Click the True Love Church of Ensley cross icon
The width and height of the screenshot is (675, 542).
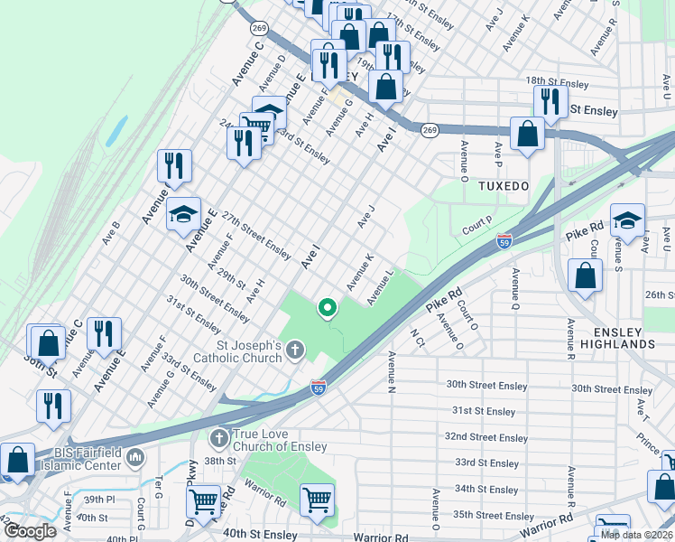click(217, 439)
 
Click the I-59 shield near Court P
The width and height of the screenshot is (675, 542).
click(504, 242)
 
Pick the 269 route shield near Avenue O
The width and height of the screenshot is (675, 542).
click(430, 129)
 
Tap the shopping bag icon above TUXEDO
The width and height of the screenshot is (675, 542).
click(528, 135)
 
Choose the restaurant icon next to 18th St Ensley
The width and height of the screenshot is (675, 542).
click(550, 101)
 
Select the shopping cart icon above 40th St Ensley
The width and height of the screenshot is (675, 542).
click(317, 499)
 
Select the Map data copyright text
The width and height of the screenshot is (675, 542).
click(636, 535)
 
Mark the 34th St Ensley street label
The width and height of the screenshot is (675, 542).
click(486, 489)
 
